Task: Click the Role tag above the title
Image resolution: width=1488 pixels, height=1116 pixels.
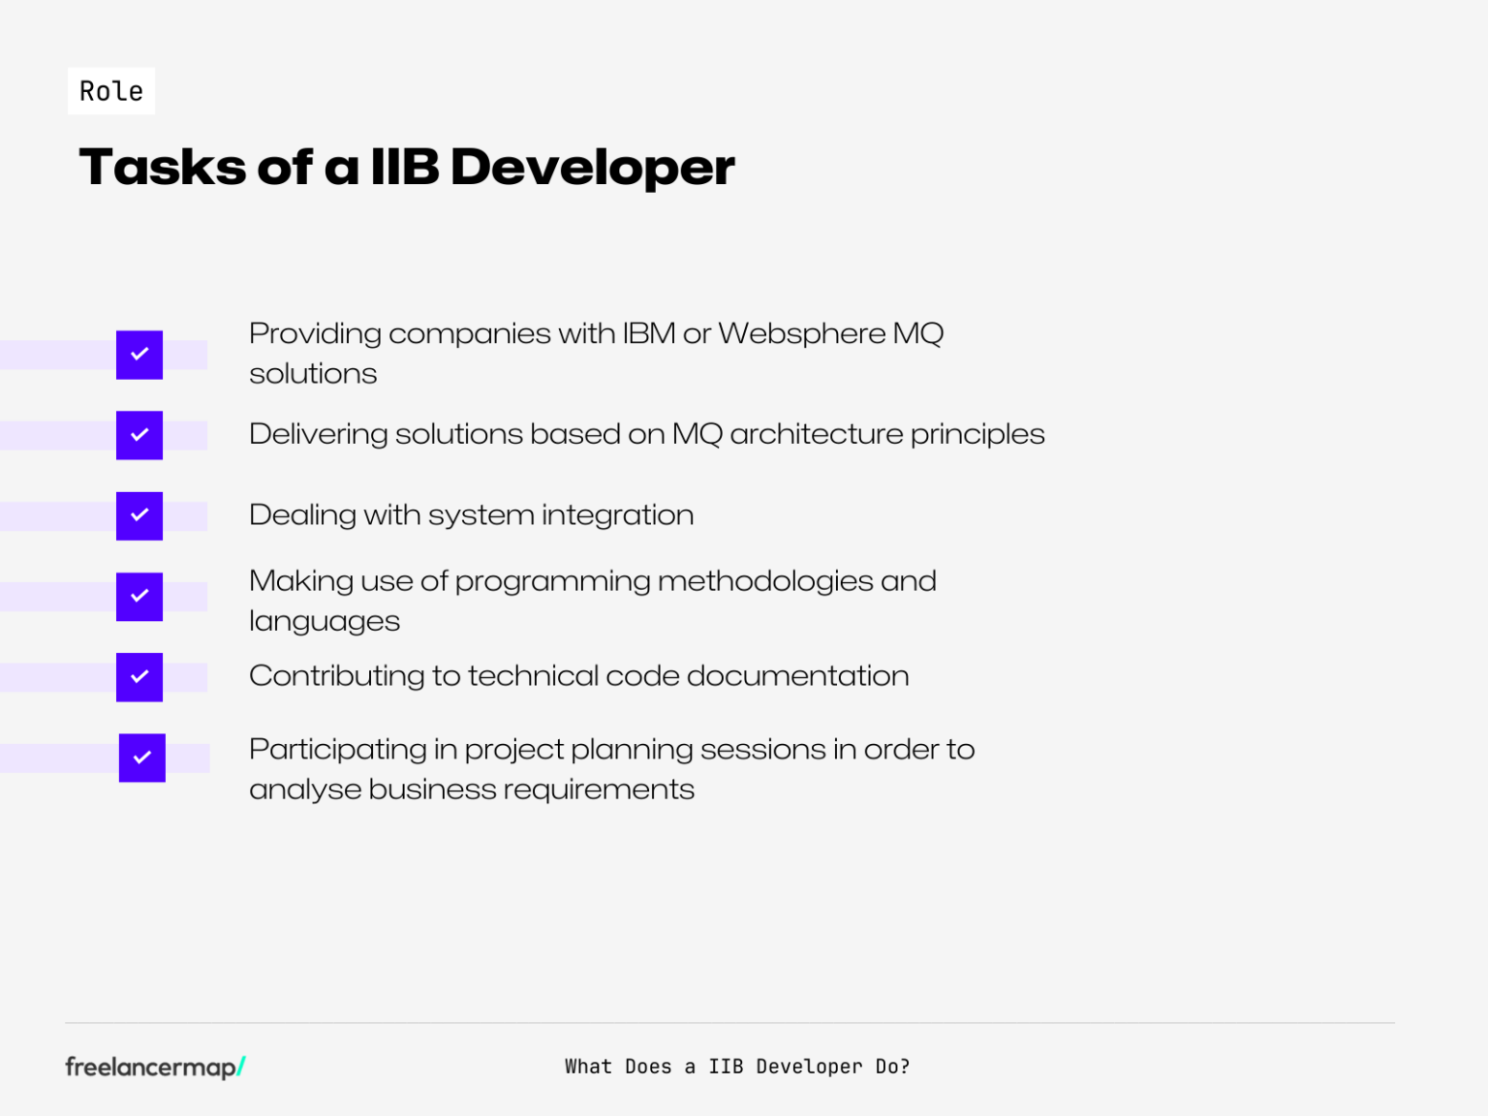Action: pyautogui.click(x=111, y=91)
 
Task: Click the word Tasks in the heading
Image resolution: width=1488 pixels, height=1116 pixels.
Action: pyautogui.click(x=163, y=167)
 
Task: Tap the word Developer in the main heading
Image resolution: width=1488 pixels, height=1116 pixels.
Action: pyautogui.click(x=592, y=167)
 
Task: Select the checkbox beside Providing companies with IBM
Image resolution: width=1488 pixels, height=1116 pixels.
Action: pyautogui.click(x=139, y=355)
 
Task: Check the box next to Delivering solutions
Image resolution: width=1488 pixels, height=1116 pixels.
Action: pyautogui.click(x=139, y=435)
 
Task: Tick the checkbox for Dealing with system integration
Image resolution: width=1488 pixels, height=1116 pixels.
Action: pyautogui.click(x=139, y=515)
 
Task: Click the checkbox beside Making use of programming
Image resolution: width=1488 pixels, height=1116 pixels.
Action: pyautogui.click(x=139, y=597)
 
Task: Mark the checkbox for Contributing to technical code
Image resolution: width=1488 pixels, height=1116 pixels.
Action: pyautogui.click(x=139, y=677)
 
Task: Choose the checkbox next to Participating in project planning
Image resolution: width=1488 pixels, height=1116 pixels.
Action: pyautogui.click(x=142, y=758)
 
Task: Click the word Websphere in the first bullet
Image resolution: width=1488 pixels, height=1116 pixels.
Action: pyautogui.click(x=801, y=334)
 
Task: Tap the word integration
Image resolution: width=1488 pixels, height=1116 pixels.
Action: pyautogui.click(x=617, y=515)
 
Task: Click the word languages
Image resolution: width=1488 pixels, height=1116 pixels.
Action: pyautogui.click(x=324, y=622)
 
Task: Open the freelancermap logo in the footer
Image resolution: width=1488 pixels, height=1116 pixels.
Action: pyautogui.click(x=155, y=1067)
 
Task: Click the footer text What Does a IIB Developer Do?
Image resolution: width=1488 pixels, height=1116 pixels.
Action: pyautogui.click(x=737, y=1067)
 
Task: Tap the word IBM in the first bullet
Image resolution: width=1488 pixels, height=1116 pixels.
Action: pyautogui.click(x=648, y=334)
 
